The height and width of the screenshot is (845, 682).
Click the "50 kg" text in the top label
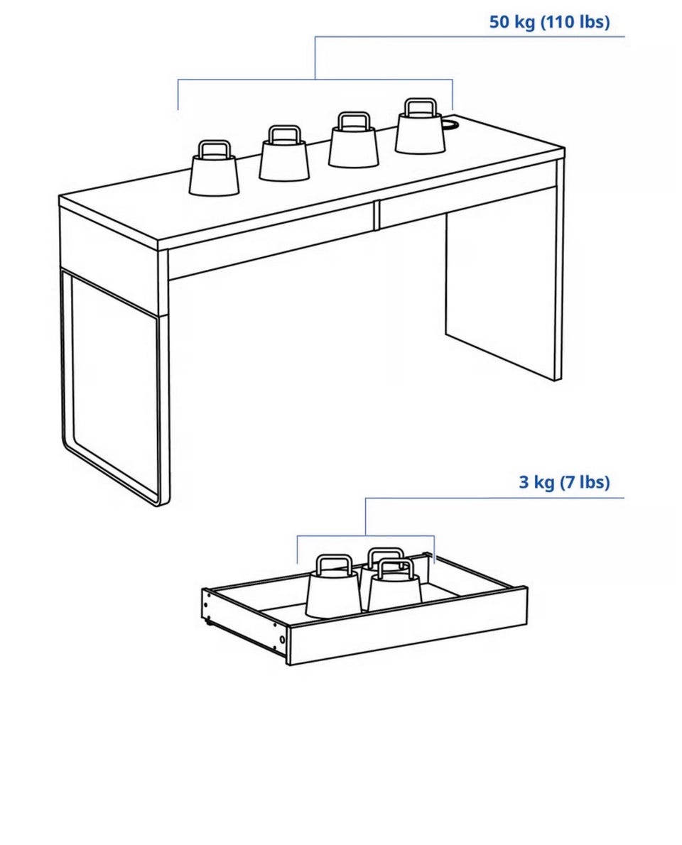[x=512, y=23]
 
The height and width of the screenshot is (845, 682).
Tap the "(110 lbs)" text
[x=575, y=23]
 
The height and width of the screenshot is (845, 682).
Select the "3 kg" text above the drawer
[x=536, y=481]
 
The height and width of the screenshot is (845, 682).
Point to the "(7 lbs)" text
[x=585, y=481]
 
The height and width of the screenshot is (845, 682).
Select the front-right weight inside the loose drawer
[x=395, y=586]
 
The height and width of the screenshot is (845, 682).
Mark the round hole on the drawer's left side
[x=282, y=640]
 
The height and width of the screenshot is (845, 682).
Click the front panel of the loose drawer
[x=407, y=625]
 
